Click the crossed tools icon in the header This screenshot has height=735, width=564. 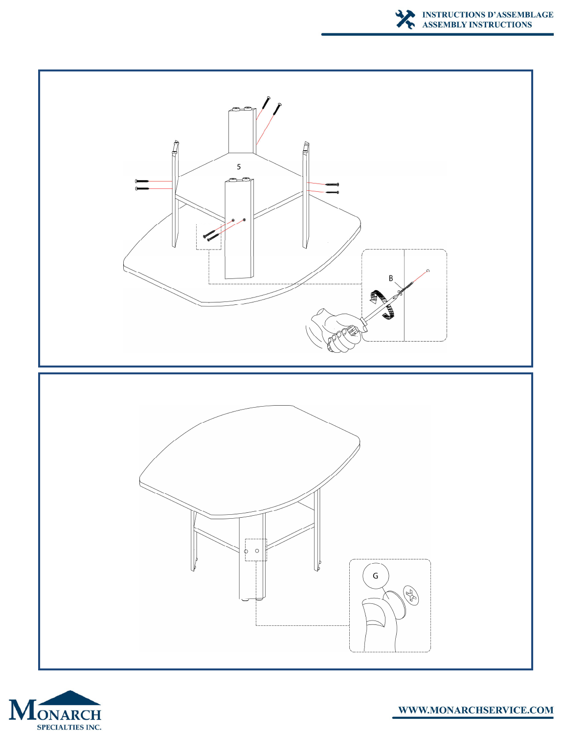[x=405, y=20]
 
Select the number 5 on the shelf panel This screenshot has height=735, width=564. [x=239, y=167]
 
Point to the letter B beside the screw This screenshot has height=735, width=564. [x=391, y=278]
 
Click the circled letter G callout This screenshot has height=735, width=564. [x=375, y=575]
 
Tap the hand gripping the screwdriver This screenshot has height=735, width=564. [x=338, y=330]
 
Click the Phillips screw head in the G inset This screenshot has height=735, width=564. [x=411, y=595]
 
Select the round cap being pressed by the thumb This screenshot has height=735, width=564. [x=395, y=604]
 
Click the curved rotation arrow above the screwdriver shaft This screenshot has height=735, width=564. [x=378, y=297]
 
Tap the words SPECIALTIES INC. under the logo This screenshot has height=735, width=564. [x=69, y=727]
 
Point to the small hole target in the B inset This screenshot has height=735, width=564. [x=428, y=271]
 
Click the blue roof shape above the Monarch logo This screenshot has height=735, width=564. [x=70, y=698]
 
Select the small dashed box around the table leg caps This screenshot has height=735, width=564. [x=256, y=550]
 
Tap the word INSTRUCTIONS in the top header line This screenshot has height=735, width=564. [x=452, y=15]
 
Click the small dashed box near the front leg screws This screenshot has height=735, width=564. [x=208, y=237]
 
